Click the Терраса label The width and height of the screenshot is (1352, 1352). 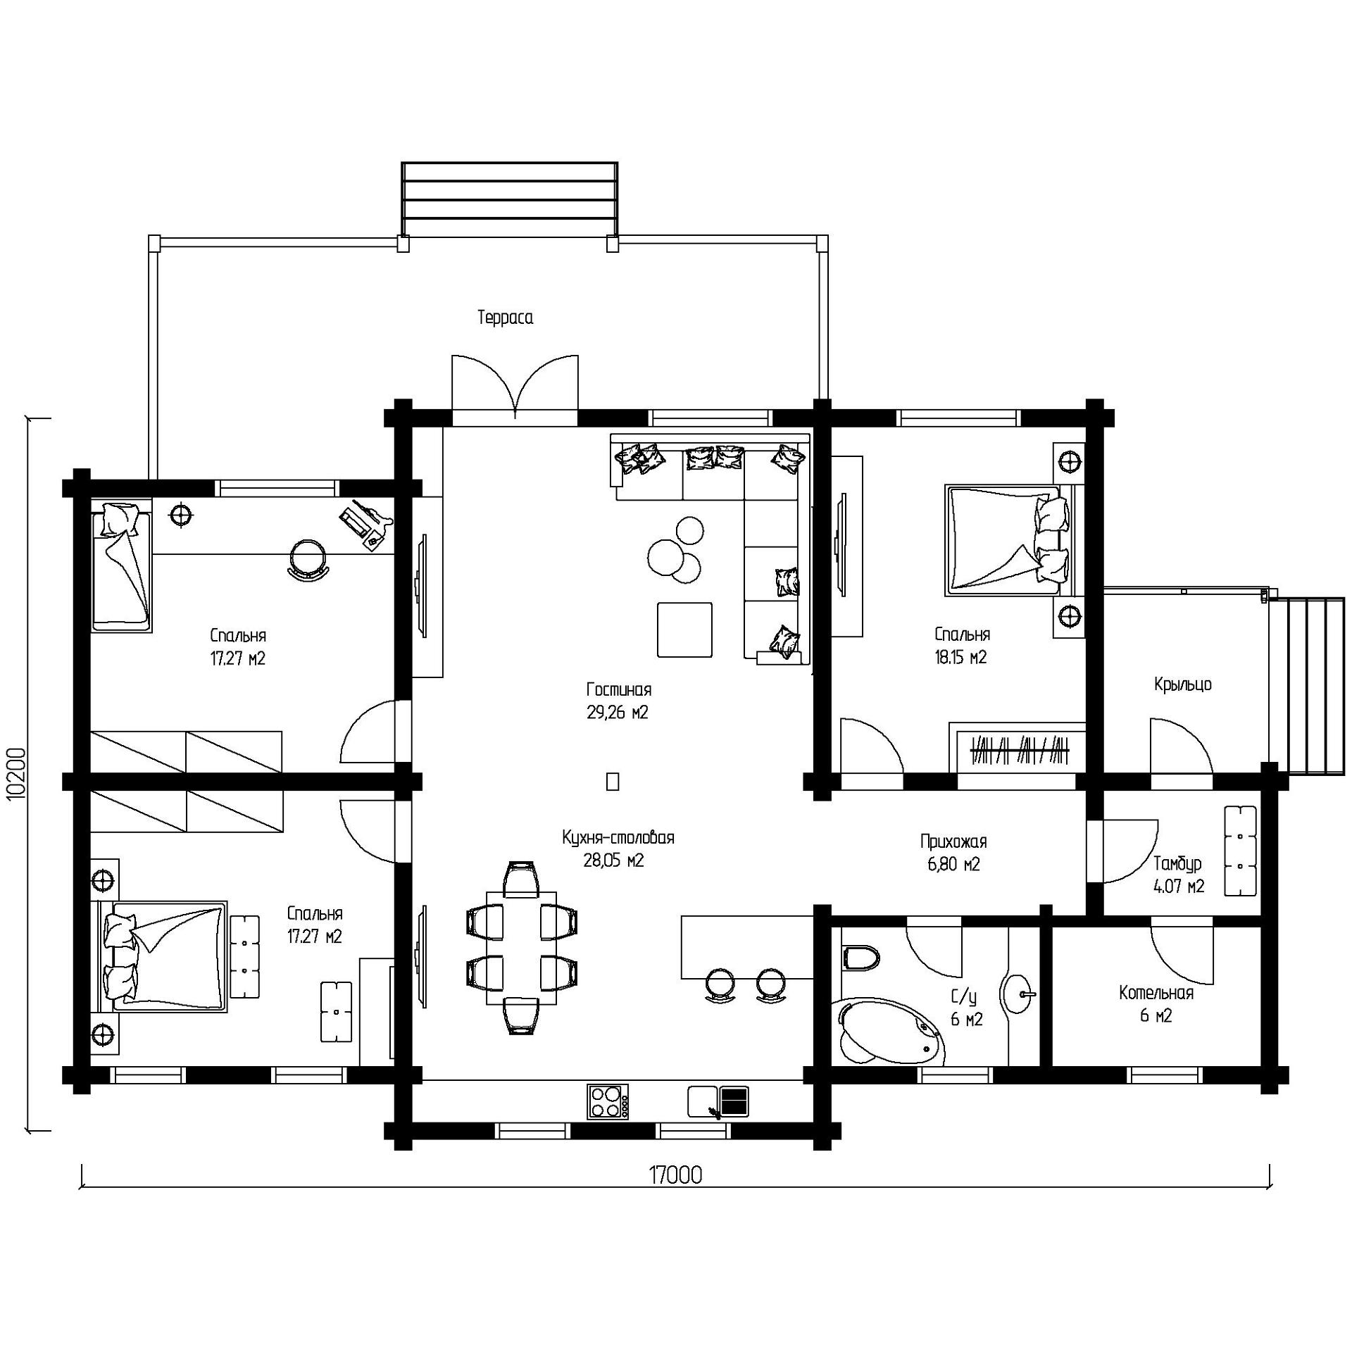[x=506, y=318]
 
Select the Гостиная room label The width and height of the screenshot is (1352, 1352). [x=618, y=689]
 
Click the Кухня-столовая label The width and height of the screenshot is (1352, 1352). [x=618, y=838]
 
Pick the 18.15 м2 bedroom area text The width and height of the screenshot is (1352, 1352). [x=960, y=657]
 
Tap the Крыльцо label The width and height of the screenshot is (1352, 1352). [x=1182, y=684]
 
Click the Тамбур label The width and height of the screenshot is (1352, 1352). [x=1177, y=863]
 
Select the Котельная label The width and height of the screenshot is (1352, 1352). [x=1156, y=993]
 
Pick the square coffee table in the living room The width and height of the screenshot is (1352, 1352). [x=684, y=630]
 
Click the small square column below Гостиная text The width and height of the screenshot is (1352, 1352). [x=613, y=782]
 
